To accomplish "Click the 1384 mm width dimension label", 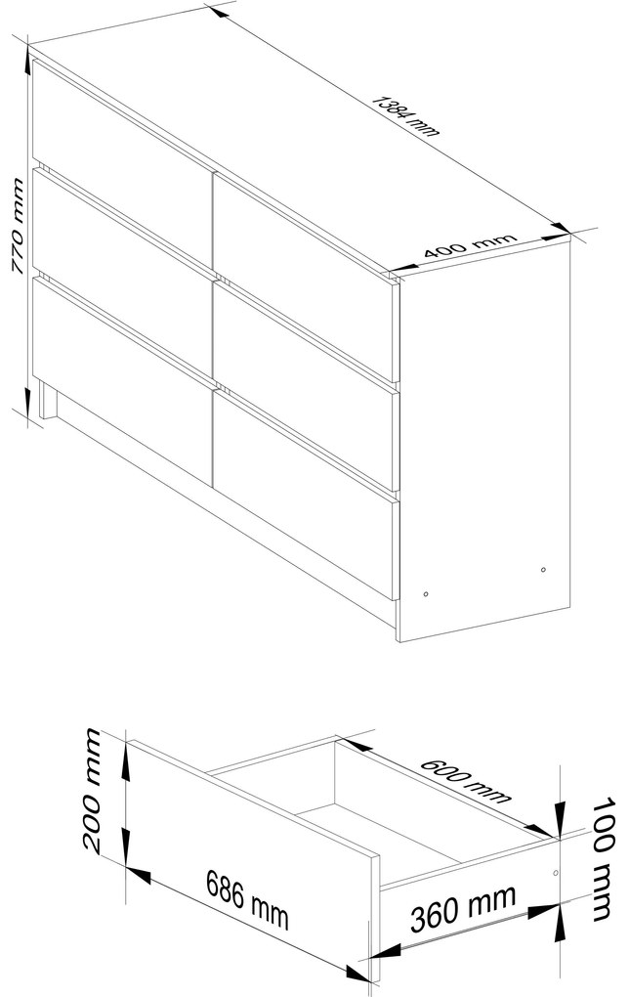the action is (405, 115).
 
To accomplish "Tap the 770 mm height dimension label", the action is (18, 227).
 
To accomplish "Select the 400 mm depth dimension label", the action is (470, 246).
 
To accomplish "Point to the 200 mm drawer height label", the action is (92, 791).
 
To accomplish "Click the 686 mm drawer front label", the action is (247, 898).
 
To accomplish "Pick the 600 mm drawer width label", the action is (466, 780).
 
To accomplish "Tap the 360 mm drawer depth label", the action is (463, 908).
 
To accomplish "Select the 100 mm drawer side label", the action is (604, 858).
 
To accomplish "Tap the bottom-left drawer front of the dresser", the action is (122, 379).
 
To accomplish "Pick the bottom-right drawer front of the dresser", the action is (306, 495).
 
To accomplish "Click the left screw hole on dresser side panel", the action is (426, 594).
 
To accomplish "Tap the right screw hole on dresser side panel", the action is (543, 569).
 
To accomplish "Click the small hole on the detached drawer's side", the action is (556, 872).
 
